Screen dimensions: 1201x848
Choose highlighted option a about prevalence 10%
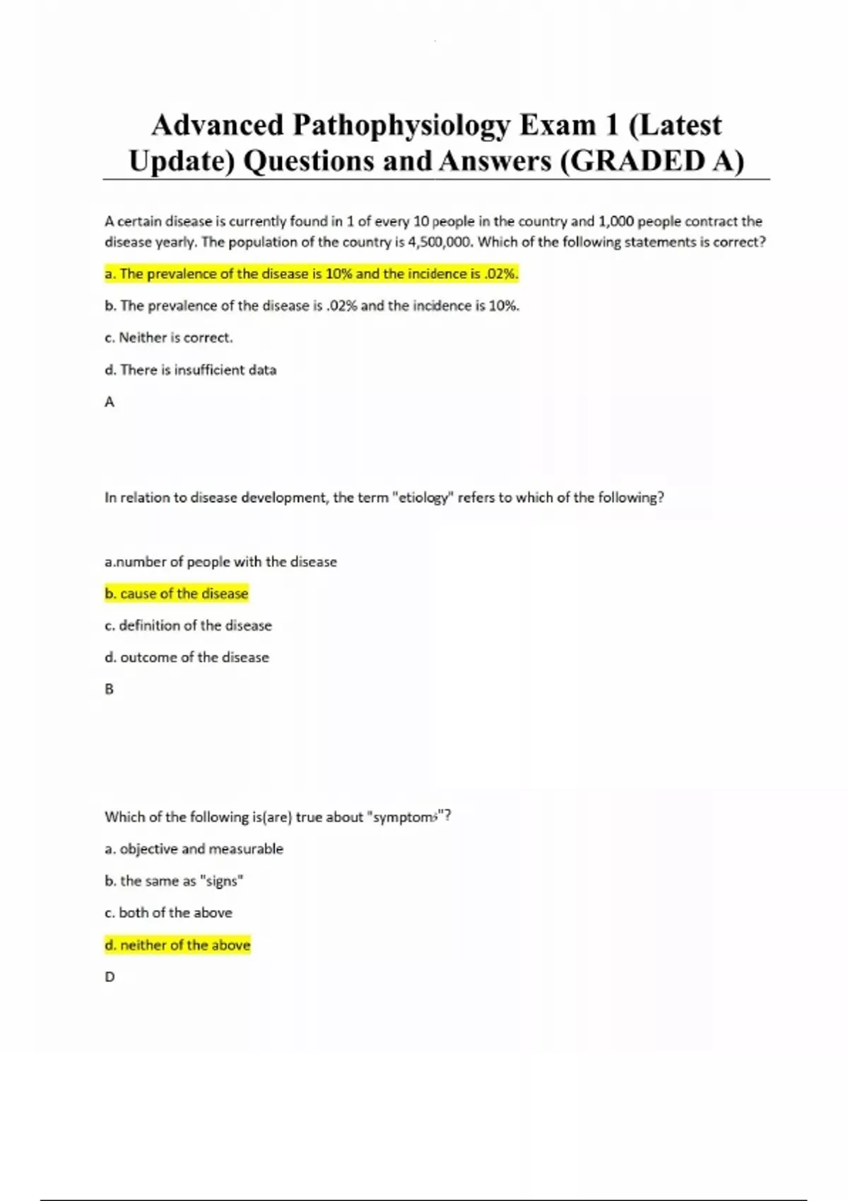(311, 274)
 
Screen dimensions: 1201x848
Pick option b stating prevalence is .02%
(311, 306)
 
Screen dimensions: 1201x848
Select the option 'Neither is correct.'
(168, 338)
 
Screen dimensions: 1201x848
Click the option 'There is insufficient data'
(190, 370)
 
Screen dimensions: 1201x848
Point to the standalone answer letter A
(110, 402)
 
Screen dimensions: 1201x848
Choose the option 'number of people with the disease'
(220, 562)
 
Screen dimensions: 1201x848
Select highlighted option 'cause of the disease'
(177, 593)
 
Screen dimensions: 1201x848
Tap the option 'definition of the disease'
(188, 625)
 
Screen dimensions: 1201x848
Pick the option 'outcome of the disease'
(187, 657)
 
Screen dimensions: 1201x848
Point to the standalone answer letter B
(110, 689)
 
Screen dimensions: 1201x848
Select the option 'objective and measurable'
(194, 849)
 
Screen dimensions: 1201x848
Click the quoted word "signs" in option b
(221, 881)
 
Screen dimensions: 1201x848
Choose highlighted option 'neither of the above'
(177, 945)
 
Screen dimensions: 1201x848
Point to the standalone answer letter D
(110, 977)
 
